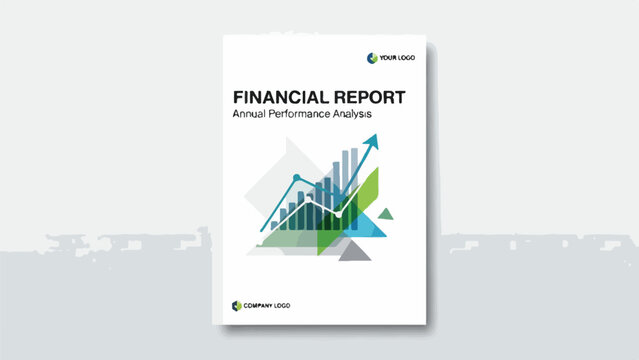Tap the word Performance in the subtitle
pos(311,116)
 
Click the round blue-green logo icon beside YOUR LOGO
pos(372,58)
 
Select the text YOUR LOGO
pos(397,58)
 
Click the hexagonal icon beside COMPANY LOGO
pos(237,305)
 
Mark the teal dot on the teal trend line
pos(296,178)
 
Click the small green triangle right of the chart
pos(387,212)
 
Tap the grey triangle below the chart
pos(354,251)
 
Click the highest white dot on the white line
pos(307,199)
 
